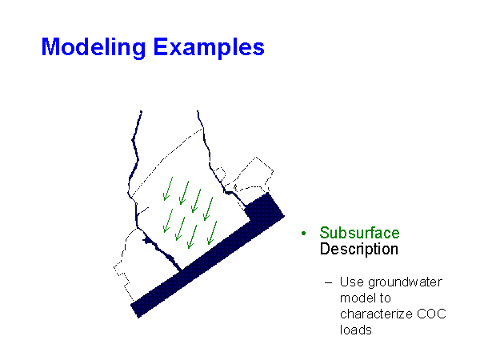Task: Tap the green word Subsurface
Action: [x=359, y=233]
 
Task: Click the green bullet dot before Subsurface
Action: [x=304, y=234]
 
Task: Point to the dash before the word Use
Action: [x=328, y=282]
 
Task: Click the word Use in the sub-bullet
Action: [x=350, y=282]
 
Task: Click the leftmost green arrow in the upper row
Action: [x=168, y=190]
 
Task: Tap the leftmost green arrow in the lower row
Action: [x=166, y=220]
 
